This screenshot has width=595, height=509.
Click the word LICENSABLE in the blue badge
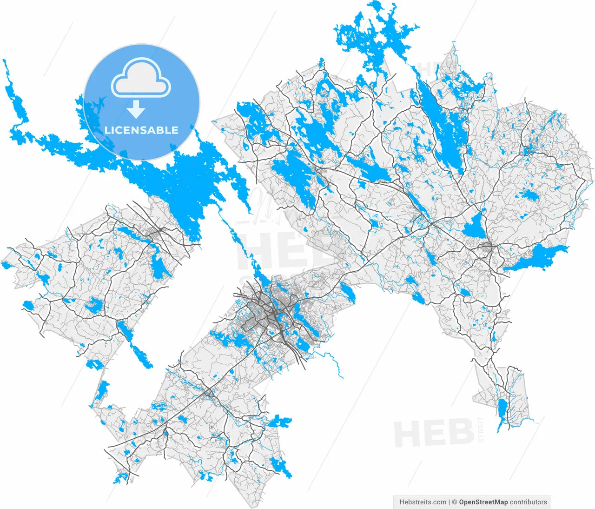tap(141, 130)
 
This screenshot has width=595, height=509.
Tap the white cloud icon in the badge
tap(141, 79)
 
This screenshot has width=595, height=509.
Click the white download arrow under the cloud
tap(136, 109)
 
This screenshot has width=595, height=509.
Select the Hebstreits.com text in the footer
tap(423, 502)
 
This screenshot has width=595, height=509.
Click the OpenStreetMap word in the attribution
tap(483, 502)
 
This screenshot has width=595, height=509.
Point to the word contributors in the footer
tap(529, 502)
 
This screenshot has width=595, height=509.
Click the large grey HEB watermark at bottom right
tap(433, 433)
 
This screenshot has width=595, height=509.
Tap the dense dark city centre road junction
tap(270, 316)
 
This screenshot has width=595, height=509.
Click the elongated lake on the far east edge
tap(539, 258)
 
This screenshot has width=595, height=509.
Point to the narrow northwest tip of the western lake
tap(7, 74)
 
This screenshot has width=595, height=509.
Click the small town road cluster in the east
tap(487, 250)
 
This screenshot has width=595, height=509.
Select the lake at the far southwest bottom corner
tap(122, 477)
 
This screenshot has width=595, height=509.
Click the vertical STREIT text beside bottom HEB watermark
tap(481, 430)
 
